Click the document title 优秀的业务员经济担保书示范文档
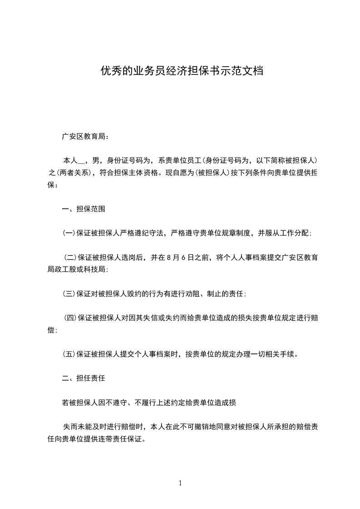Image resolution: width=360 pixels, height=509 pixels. pos(182,72)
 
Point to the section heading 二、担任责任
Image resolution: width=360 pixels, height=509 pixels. pos(84,377)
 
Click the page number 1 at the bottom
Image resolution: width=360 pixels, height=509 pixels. pos(180,483)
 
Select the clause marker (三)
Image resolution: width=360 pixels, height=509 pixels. pos(69,294)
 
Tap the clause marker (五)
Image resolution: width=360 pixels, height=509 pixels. pos(69,353)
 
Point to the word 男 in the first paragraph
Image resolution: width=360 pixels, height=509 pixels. pos(95,160)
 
